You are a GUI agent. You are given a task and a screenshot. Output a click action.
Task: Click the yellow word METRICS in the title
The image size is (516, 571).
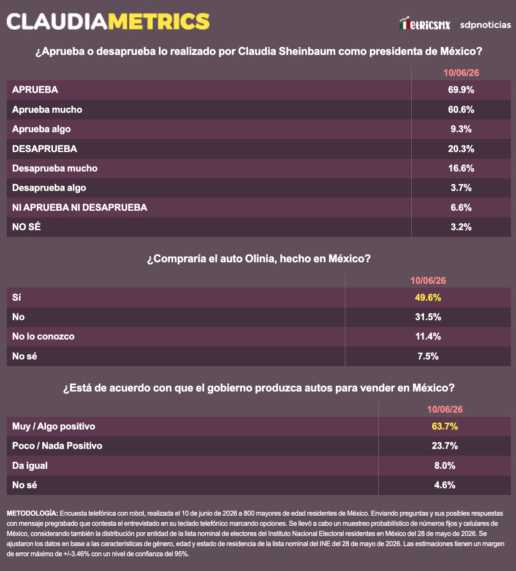click(159, 22)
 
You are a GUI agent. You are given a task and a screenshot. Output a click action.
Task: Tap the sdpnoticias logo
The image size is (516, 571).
click(486, 25)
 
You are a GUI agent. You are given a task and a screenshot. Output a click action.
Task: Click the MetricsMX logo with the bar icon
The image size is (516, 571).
click(425, 23)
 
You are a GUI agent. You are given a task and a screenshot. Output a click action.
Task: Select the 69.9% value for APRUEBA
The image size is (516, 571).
click(461, 90)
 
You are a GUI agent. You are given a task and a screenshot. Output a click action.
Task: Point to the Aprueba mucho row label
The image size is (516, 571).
click(47, 109)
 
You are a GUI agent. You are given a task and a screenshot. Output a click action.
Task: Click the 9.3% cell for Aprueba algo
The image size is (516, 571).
click(461, 129)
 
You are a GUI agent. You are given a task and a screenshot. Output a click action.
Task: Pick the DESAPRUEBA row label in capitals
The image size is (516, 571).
click(45, 149)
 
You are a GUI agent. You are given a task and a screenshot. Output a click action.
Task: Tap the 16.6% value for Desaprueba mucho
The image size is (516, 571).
click(461, 168)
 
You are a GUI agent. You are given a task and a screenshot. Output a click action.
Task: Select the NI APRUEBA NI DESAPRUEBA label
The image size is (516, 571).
click(80, 207)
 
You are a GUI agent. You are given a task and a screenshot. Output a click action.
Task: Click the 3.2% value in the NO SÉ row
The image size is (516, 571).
click(461, 227)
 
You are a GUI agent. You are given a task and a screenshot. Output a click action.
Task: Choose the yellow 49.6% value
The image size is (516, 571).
click(428, 297)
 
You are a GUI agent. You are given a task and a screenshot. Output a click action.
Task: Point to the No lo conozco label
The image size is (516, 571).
click(43, 337)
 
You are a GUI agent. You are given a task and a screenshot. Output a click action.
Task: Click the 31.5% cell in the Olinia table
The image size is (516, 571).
click(428, 317)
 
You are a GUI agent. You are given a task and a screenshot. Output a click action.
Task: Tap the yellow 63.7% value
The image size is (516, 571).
click(445, 426)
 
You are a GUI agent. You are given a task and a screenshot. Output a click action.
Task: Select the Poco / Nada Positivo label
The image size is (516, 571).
click(57, 446)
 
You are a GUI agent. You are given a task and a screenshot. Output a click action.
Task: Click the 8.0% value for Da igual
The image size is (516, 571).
click(445, 465)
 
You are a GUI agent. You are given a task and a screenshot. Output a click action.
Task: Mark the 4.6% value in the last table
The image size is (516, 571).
click(445, 485)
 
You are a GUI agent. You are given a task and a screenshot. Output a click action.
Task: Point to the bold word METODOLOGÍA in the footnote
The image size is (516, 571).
click(33, 513)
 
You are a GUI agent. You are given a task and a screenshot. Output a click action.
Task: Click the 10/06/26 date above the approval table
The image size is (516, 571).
click(461, 73)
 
